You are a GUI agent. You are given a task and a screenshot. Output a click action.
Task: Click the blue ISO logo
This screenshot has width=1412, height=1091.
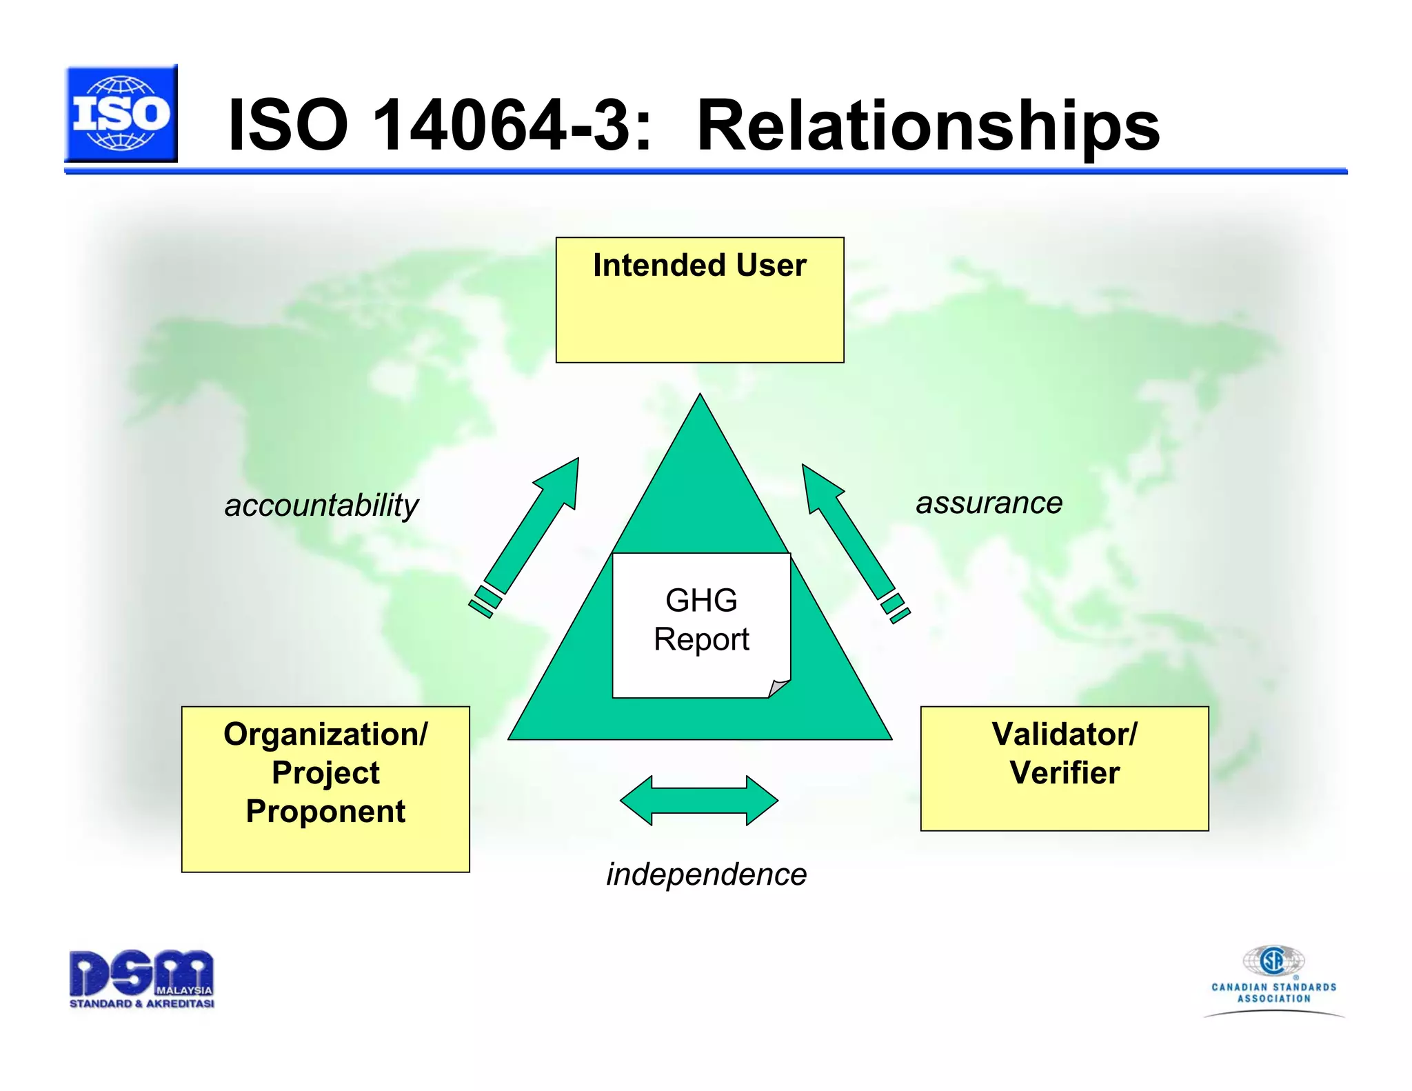pyautogui.click(x=121, y=114)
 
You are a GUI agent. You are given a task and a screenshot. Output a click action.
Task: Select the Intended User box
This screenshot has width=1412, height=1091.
pyautogui.click(x=699, y=301)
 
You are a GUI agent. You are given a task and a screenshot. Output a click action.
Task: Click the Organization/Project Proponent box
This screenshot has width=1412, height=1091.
pyautogui.click(x=325, y=789)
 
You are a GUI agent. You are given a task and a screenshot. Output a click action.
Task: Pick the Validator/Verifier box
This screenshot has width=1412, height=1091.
pyautogui.click(x=1064, y=768)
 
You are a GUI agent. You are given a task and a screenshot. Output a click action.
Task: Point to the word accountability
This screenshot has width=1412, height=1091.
pyautogui.click(x=321, y=506)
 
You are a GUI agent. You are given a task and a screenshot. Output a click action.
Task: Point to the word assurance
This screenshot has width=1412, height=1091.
pyautogui.click(x=988, y=503)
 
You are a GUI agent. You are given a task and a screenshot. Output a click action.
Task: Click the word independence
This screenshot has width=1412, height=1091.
pyautogui.click(x=706, y=874)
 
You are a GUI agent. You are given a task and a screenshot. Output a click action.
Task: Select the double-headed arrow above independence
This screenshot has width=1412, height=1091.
pyautogui.click(x=699, y=801)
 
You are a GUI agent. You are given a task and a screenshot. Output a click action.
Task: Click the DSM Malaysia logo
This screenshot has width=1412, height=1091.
pyautogui.click(x=141, y=979)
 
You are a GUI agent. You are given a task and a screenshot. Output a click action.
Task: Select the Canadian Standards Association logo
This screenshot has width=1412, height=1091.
pyautogui.click(x=1273, y=979)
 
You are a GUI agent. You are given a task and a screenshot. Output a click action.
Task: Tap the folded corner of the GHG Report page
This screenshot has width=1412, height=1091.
pyautogui.click(x=780, y=688)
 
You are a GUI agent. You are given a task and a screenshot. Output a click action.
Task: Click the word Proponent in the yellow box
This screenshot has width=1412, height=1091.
pyautogui.click(x=325, y=811)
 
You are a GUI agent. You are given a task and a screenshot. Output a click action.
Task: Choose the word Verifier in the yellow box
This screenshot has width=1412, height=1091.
pyautogui.click(x=1064, y=772)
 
